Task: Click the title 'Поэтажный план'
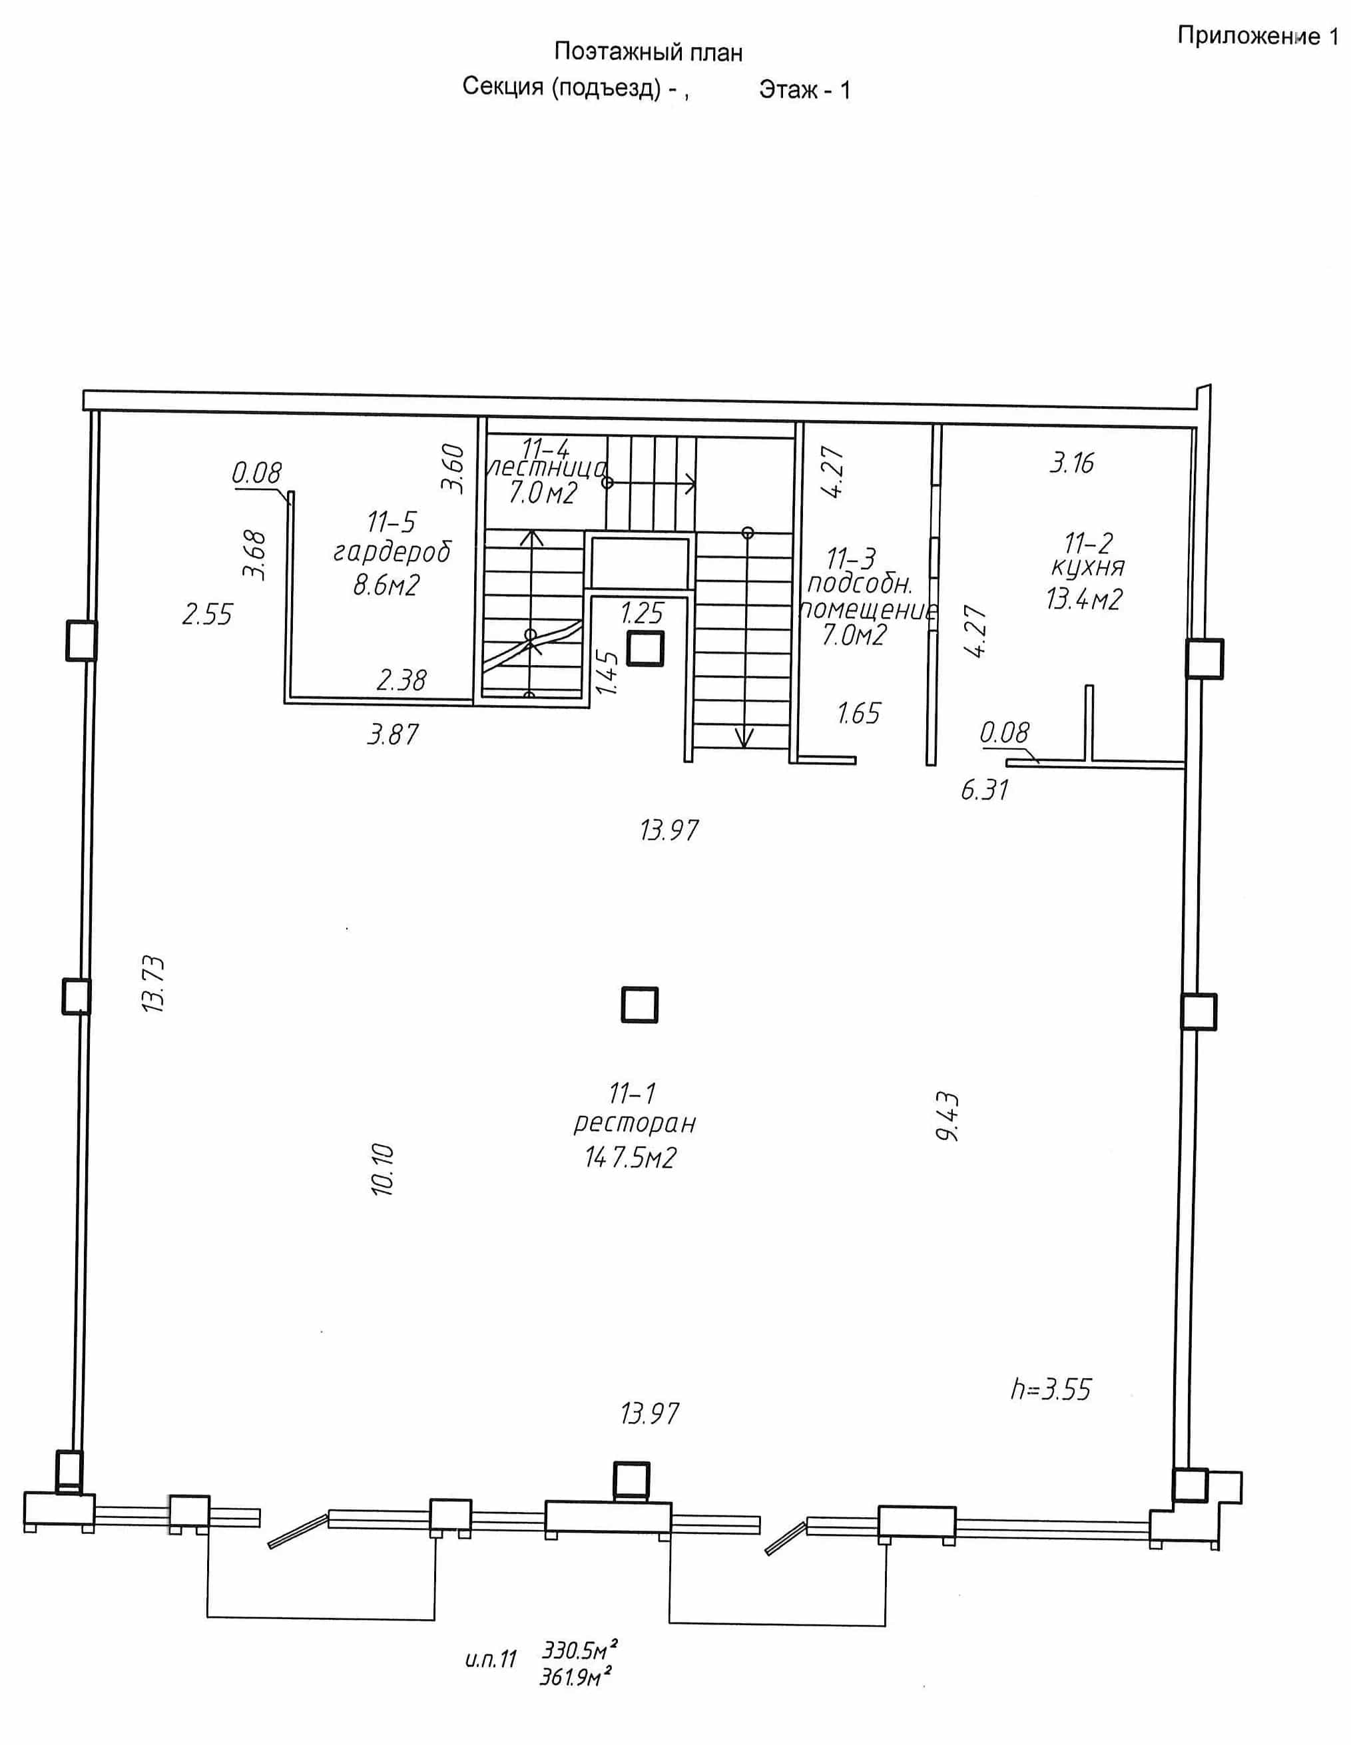point(648,53)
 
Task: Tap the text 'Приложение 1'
point(1258,37)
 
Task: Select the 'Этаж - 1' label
point(804,89)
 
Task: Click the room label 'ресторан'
point(635,1123)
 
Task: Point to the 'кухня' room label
point(1087,568)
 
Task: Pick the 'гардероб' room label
point(392,552)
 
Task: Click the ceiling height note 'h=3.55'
point(1051,1389)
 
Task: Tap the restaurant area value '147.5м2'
point(631,1157)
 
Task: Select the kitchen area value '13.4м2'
point(1084,599)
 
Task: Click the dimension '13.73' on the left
point(152,985)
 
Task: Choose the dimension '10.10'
point(383,1170)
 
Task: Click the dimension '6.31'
point(984,791)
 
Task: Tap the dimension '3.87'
point(392,734)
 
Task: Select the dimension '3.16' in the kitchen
point(1071,463)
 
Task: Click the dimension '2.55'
point(207,615)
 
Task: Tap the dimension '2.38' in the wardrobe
point(401,680)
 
